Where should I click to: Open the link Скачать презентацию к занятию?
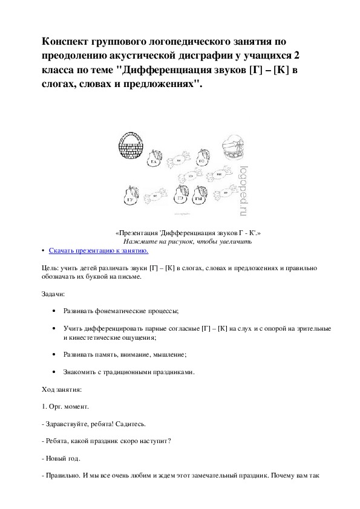98,249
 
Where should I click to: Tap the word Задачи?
50,293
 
